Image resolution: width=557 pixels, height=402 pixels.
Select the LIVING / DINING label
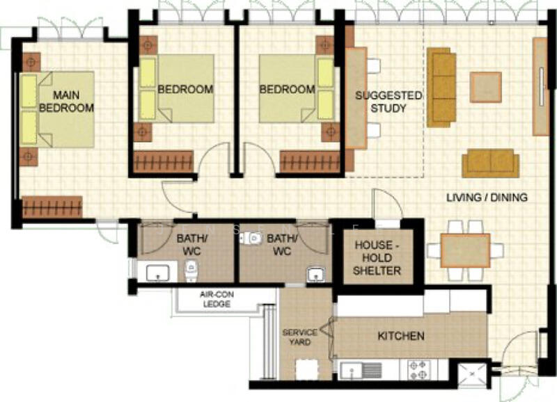487,198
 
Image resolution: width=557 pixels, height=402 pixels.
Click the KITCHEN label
400,337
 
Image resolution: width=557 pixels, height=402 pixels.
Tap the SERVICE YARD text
299,337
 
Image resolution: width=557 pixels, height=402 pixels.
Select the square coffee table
485,87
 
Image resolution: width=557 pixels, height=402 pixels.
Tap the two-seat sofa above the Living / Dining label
490,162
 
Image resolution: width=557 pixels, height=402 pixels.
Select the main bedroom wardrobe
52,207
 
